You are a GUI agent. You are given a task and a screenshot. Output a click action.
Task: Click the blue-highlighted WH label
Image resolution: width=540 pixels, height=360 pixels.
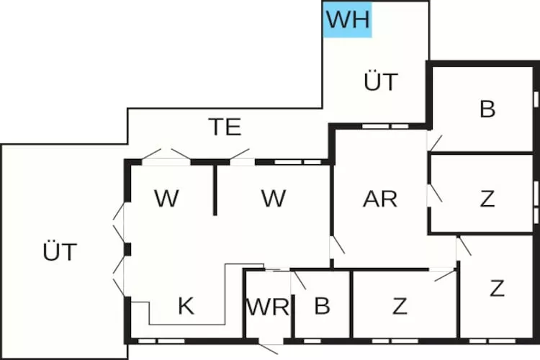[x=347, y=19]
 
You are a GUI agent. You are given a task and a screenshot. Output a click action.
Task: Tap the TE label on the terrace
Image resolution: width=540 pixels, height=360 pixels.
[x=225, y=127]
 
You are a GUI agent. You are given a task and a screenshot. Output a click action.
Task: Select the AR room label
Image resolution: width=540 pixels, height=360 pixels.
[x=380, y=199]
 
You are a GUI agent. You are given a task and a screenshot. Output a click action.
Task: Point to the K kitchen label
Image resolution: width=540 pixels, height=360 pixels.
[x=186, y=307]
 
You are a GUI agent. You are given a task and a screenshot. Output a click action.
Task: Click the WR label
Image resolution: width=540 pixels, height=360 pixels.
[x=267, y=307]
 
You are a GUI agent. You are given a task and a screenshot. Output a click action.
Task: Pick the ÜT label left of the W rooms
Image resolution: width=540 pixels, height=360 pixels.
[x=59, y=253]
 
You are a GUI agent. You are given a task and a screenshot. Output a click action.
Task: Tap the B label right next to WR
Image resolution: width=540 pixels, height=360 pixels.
[x=322, y=307]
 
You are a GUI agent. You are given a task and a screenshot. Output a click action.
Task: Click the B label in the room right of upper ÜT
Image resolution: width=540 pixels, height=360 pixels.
[x=487, y=110]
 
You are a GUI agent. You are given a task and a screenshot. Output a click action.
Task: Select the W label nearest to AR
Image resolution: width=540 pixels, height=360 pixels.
[x=274, y=199]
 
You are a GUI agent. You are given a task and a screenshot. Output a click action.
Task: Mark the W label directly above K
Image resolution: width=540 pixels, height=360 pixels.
[x=166, y=199]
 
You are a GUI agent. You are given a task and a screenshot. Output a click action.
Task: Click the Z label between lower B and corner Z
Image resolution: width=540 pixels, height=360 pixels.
[x=400, y=307]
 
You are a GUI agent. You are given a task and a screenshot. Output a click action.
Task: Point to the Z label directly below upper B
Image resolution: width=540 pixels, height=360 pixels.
[x=487, y=199]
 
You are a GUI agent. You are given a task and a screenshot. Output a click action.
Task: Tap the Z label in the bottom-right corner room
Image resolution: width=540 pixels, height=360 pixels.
[x=496, y=289]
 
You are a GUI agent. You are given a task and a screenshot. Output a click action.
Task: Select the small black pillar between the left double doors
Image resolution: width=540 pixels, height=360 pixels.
[x=127, y=250]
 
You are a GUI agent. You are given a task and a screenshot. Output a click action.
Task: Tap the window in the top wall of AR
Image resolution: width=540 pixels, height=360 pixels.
[x=376, y=127]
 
